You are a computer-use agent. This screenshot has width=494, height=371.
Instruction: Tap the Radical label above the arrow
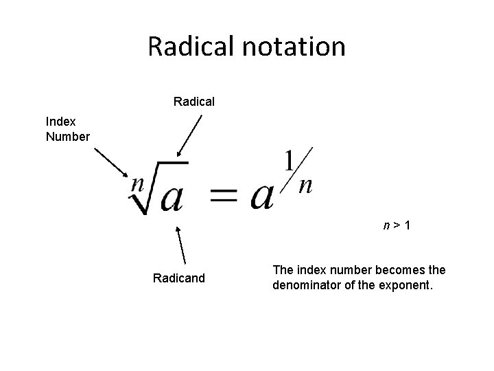tap(194, 102)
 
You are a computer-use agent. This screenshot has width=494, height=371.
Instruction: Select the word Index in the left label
tap(61, 122)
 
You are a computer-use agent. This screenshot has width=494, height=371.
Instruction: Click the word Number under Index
tap(67, 136)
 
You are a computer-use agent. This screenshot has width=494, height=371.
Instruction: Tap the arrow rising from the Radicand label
tap(182, 245)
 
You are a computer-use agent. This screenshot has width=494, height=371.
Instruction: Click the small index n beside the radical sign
tap(137, 183)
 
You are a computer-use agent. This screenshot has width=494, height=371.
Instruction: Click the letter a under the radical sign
tap(172, 198)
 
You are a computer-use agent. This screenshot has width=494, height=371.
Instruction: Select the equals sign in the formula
tap(225, 196)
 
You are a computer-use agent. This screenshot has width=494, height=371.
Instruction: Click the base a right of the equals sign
tap(263, 196)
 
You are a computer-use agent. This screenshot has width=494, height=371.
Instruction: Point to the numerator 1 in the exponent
tap(290, 163)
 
